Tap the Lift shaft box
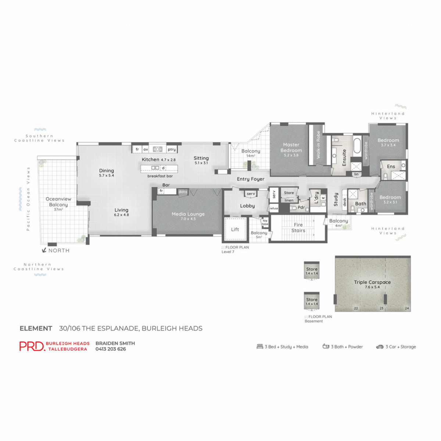[x=235, y=229]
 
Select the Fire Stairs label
[x=298, y=227]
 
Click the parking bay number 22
[x=356, y=308]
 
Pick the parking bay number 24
[x=407, y=308]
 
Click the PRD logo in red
[x=32, y=346]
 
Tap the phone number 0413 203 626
[x=111, y=349]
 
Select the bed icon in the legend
[x=260, y=347]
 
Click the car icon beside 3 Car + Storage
[x=380, y=347]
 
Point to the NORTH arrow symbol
[x=44, y=250]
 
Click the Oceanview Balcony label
[x=58, y=202]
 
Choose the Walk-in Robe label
[x=318, y=145]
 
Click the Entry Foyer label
[x=251, y=179]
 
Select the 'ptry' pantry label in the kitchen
[x=172, y=150]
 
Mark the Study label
[x=336, y=199]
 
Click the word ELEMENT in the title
[x=36, y=328]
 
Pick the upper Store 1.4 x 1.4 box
[x=312, y=270]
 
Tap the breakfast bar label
[x=160, y=176]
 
